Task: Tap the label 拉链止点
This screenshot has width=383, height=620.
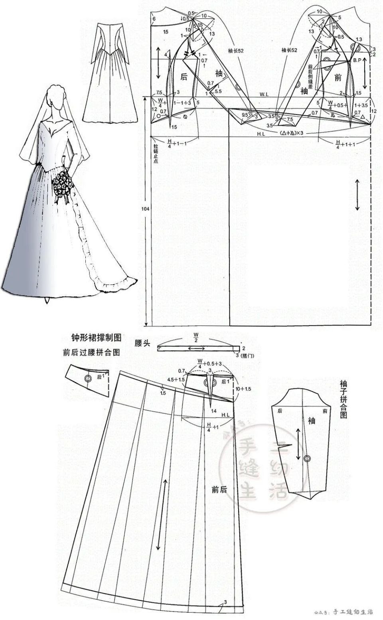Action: click(156, 154)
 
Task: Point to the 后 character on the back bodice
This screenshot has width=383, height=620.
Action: click(184, 77)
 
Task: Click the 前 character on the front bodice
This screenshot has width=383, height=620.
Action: click(338, 78)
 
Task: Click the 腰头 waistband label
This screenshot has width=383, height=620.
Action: click(142, 344)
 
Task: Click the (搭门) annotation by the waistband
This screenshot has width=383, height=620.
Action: click(249, 355)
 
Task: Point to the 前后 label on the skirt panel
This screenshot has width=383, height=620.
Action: click(219, 490)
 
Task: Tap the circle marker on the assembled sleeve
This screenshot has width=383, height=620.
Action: click(307, 459)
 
